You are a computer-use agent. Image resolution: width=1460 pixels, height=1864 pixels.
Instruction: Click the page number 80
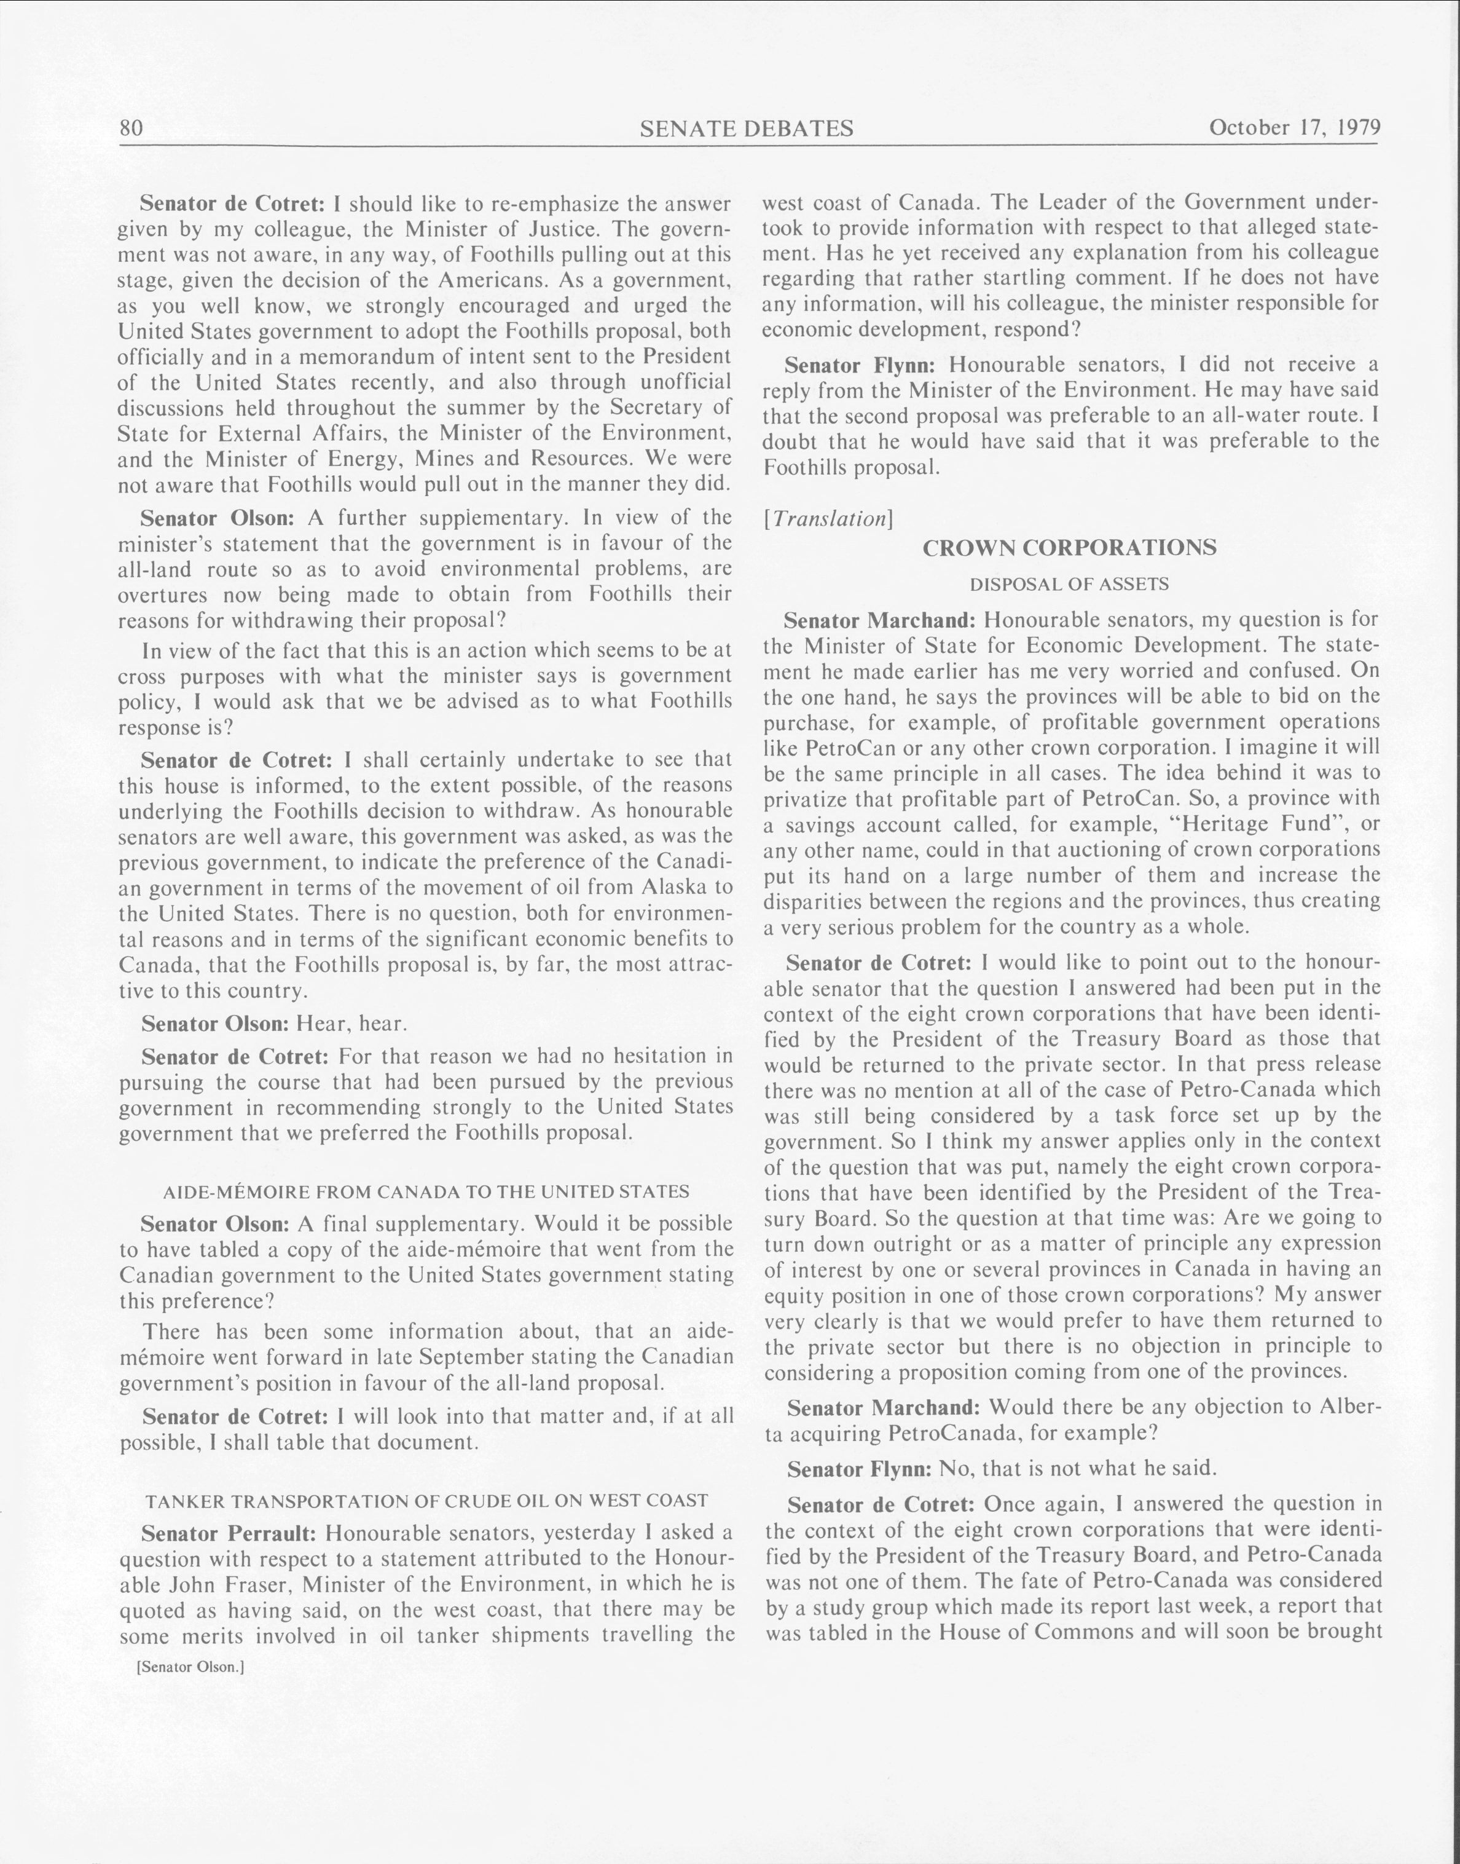tap(131, 128)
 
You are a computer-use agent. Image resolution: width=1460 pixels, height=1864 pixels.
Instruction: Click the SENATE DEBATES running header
tap(746, 128)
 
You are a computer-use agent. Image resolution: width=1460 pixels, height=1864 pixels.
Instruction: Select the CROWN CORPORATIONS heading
tap(1069, 548)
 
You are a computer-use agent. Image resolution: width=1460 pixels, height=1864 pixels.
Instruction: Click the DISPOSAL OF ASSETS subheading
tap(1069, 584)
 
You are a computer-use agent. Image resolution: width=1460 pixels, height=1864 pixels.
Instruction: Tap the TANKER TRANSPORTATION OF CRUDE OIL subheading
tap(426, 1501)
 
